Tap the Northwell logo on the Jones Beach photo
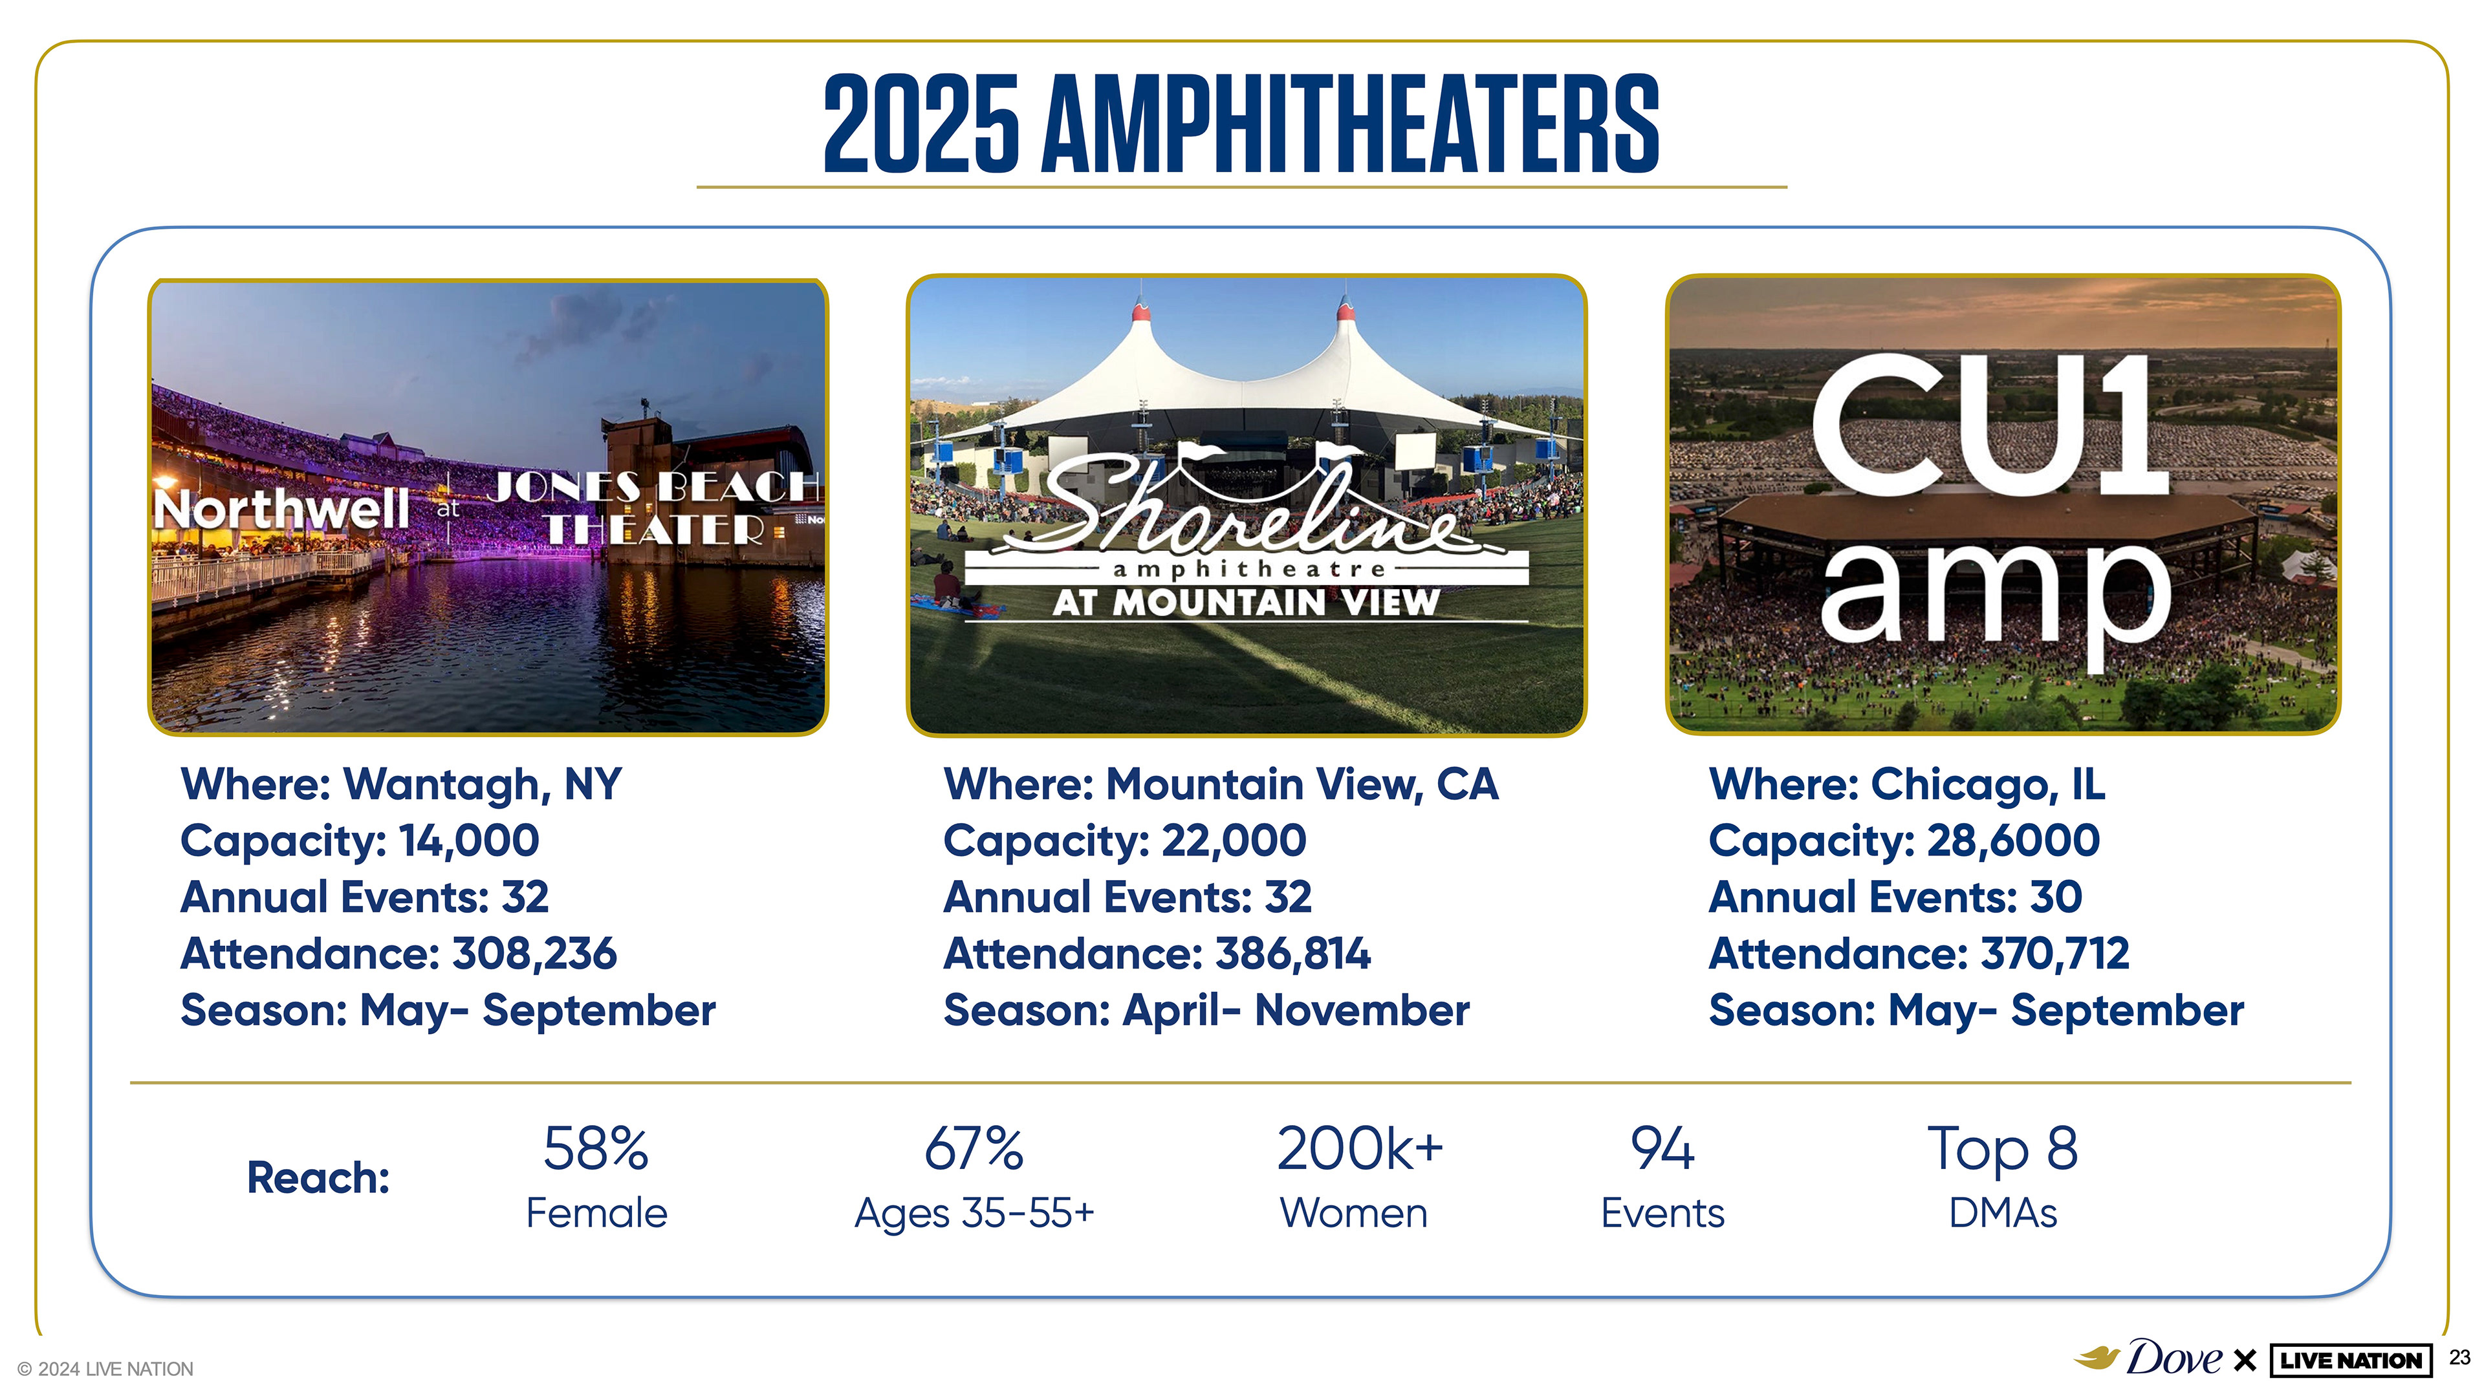tap(281, 508)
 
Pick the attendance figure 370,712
tap(2055, 954)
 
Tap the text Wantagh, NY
tap(482, 784)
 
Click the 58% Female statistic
tap(596, 1176)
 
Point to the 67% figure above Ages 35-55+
tap(974, 1148)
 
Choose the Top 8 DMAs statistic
tap(2003, 1176)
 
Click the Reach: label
tap(318, 1177)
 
